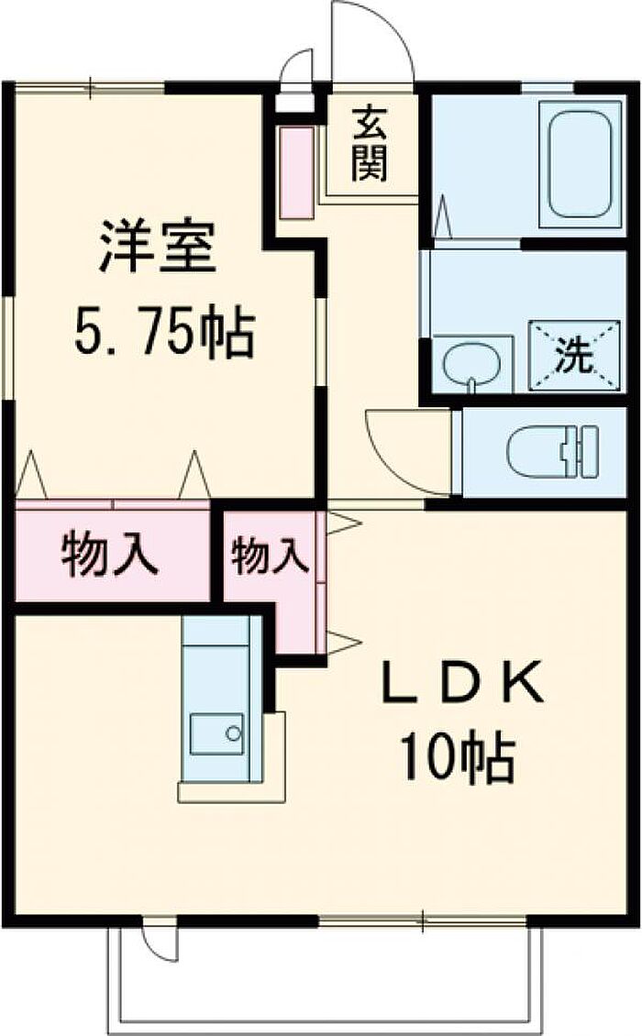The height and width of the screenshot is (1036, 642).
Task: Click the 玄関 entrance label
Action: pyautogui.click(x=369, y=143)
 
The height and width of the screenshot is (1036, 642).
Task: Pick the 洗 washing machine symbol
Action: pyautogui.click(x=573, y=357)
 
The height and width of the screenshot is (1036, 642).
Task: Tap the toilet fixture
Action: pyautogui.click(x=553, y=451)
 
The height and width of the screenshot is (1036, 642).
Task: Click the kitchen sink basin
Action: pyautogui.click(x=216, y=734)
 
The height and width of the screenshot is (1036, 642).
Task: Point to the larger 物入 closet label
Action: pyautogui.click(x=110, y=554)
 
